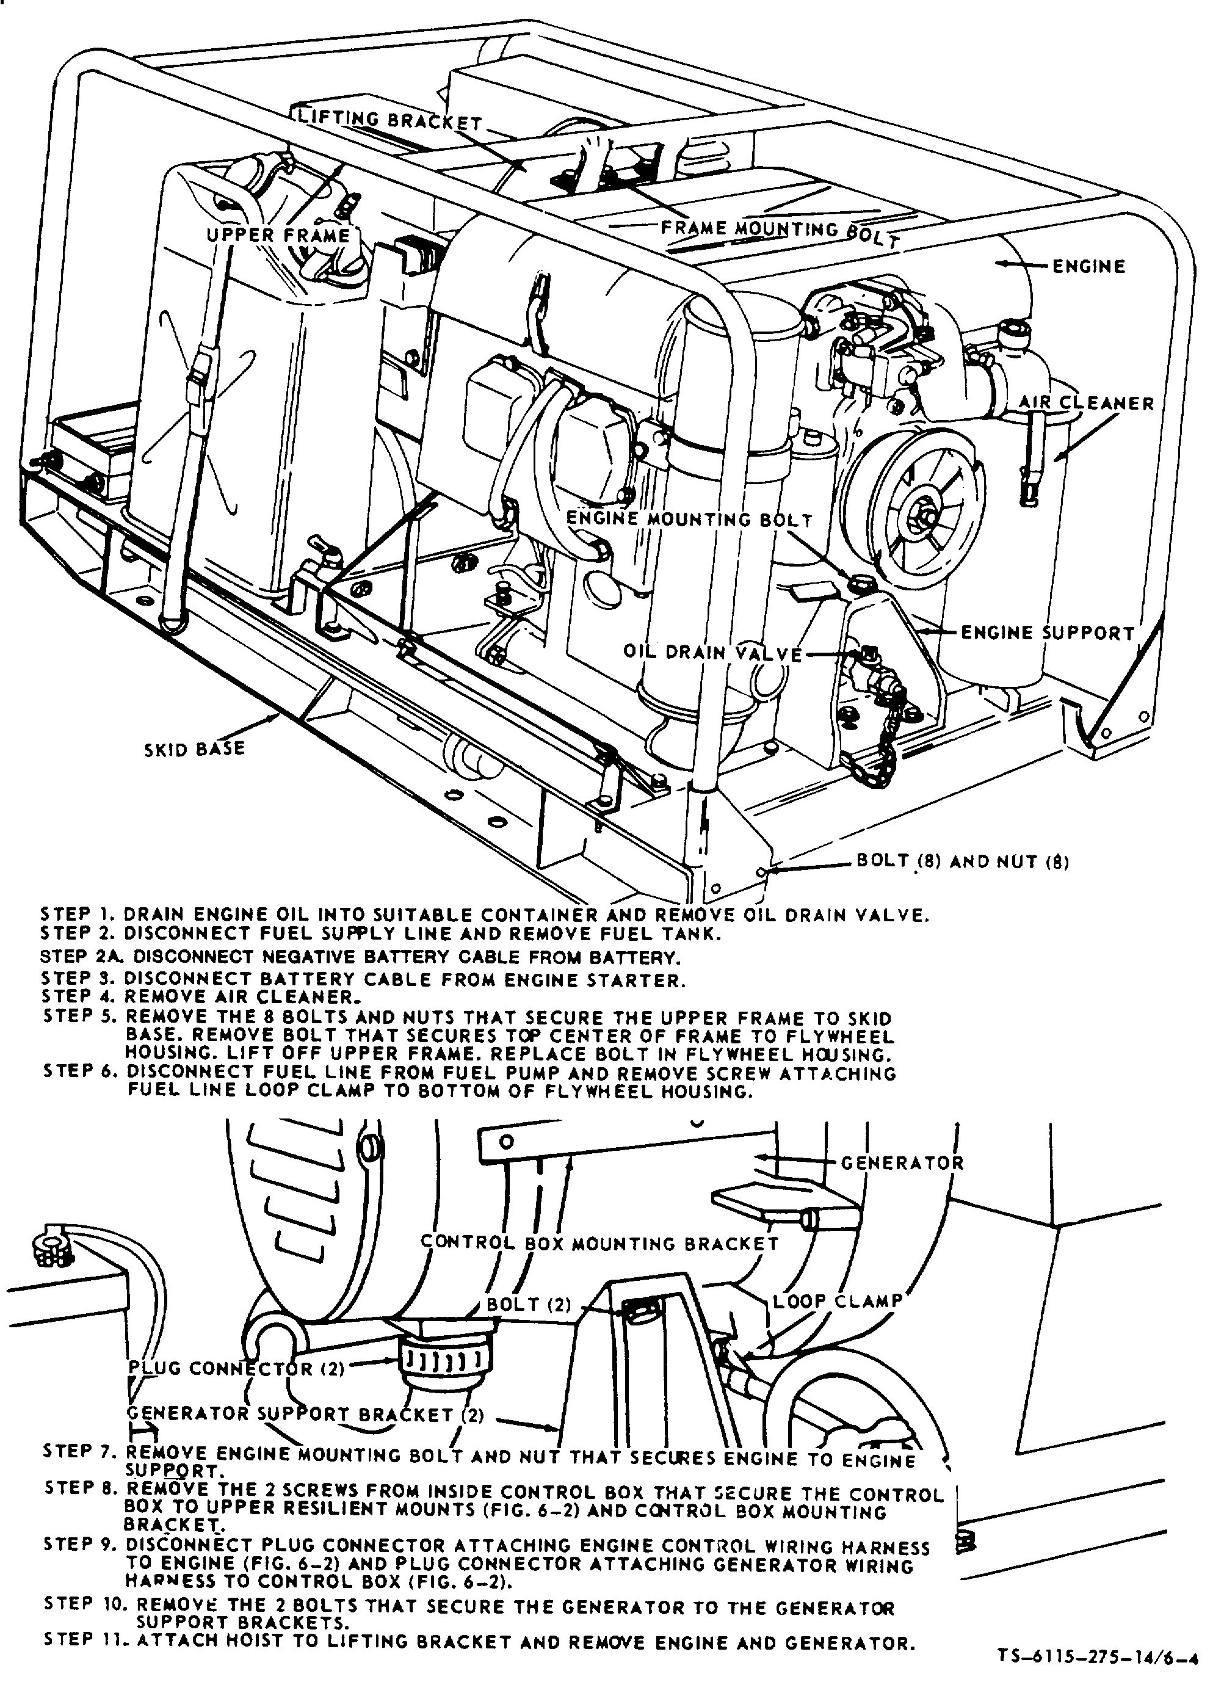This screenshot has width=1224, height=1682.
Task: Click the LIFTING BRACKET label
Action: click(391, 120)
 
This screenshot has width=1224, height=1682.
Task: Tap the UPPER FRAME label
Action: click(278, 235)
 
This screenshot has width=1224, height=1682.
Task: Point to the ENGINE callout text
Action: click(1089, 266)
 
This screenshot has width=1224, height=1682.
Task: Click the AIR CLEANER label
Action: click(1086, 403)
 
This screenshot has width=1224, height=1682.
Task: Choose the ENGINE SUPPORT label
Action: click(1048, 633)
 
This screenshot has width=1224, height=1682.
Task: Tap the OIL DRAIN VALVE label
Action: click(713, 653)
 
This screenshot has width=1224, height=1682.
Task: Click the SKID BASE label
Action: click(194, 749)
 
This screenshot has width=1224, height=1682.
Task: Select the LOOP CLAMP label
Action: click(838, 1302)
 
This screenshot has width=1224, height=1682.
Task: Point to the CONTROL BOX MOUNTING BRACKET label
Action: click(599, 1243)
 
